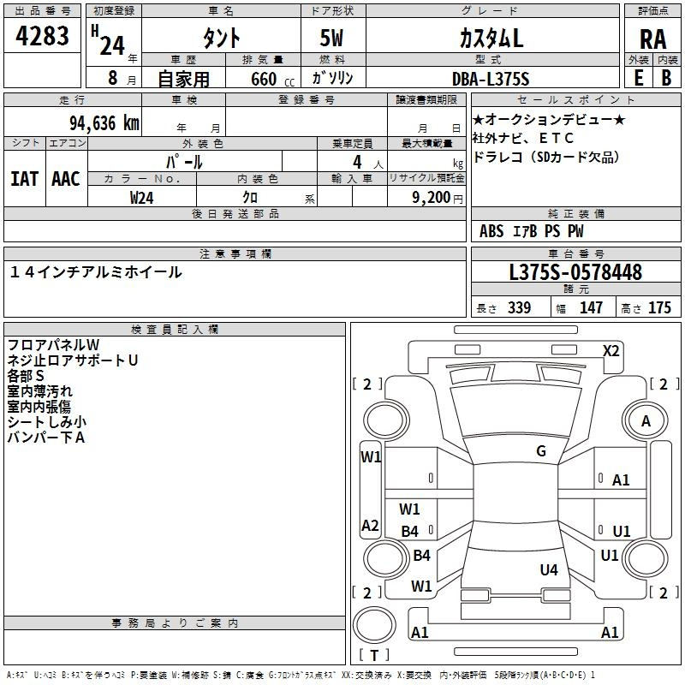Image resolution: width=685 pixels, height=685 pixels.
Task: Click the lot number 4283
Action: (42, 36)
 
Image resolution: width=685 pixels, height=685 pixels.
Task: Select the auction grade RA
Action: (653, 39)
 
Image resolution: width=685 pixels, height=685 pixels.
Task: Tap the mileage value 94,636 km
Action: (104, 123)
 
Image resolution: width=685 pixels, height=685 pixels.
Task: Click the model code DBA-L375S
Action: (491, 79)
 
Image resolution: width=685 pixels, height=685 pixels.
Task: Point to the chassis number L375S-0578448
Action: (575, 272)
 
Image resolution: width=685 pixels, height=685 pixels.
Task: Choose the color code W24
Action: (141, 198)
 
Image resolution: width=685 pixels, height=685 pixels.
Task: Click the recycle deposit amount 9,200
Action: (432, 198)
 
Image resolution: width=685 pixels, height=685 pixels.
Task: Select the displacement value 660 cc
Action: (272, 80)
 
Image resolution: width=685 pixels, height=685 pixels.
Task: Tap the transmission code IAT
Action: (25, 179)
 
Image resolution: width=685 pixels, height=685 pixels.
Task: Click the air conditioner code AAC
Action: (66, 179)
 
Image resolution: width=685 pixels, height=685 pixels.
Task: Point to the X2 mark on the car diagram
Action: (611, 351)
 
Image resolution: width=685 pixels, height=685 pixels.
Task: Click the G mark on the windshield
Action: (541, 451)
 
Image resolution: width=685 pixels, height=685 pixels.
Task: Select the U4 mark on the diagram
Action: (549, 569)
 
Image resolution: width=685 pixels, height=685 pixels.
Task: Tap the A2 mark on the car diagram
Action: (370, 525)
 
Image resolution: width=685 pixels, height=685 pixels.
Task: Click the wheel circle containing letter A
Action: (646, 421)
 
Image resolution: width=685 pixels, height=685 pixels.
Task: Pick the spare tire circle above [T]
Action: (374, 625)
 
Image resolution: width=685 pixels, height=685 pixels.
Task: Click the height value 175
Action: (659, 307)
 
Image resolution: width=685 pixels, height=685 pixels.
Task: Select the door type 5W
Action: (331, 38)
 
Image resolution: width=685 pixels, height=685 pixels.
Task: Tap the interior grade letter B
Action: (667, 78)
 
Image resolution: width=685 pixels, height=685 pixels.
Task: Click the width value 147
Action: (591, 307)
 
